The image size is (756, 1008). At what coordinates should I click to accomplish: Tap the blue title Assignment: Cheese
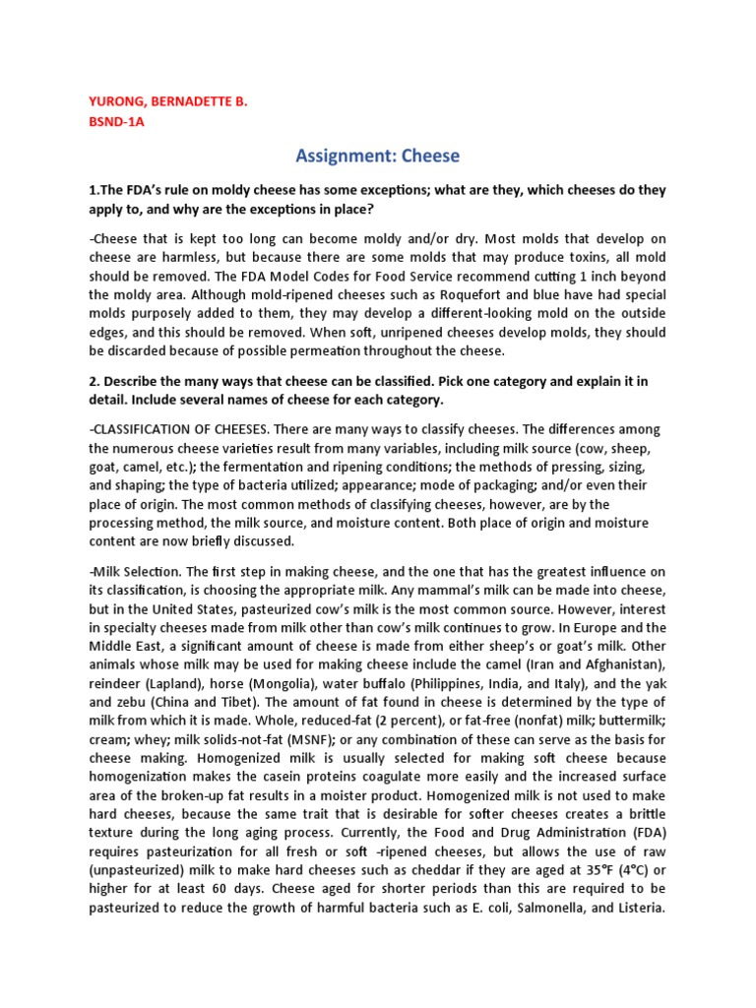coord(377,156)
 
